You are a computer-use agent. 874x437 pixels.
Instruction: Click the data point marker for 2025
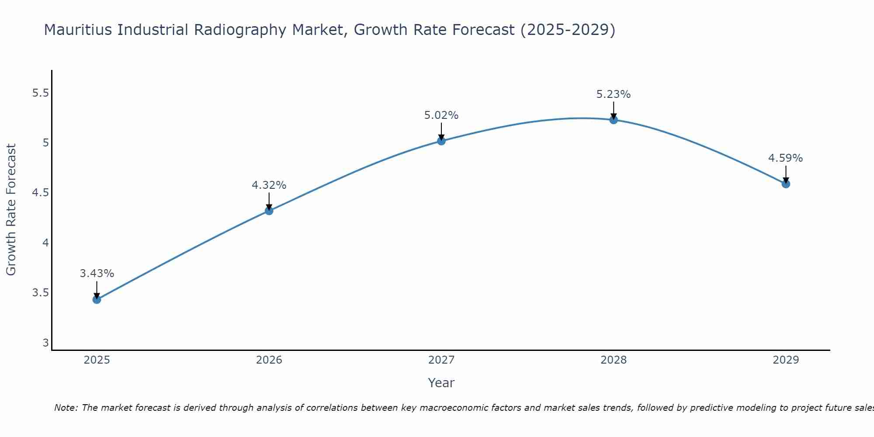pos(97,299)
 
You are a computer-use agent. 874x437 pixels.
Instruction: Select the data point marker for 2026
pos(269,211)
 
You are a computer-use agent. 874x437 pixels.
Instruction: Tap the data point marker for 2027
pos(441,141)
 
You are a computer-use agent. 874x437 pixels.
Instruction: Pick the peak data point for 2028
pos(613,120)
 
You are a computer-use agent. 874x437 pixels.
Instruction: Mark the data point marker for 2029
pos(785,184)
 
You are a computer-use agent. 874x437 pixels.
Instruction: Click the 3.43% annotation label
pos(97,274)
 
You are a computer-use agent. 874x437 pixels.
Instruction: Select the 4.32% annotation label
pos(269,185)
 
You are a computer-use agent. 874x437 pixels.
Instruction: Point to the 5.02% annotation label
pos(441,115)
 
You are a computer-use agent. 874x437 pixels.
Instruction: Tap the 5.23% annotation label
pos(613,94)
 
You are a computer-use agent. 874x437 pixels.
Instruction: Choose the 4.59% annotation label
pos(785,158)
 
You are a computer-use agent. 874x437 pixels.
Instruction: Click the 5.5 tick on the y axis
pos(41,93)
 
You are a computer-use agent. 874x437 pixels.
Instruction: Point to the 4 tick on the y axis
pos(45,243)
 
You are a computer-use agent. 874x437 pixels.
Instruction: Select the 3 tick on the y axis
pos(45,343)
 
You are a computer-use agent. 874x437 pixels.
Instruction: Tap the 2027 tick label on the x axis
pos(441,360)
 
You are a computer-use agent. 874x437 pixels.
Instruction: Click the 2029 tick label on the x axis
pos(785,360)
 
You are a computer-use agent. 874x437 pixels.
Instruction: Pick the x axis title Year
pos(441,383)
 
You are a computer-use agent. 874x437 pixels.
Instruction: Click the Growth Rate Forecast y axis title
pos(11,210)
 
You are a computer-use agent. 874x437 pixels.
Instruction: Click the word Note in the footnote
pos(66,408)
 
